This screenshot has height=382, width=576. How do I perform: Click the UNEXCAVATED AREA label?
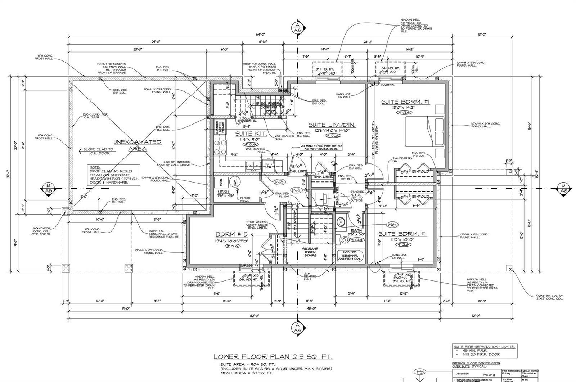coord(137,145)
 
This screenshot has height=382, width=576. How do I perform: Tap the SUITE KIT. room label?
coord(251,134)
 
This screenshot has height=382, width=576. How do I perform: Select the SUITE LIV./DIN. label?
coord(332,125)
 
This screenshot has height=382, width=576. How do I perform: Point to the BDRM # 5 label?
coord(230,234)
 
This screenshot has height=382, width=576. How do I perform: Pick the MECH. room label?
coord(224,192)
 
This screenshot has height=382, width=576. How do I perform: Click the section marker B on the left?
coord(48,189)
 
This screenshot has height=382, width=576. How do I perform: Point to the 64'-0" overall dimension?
coord(260,35)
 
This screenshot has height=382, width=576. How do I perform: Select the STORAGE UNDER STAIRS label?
coord(310,252)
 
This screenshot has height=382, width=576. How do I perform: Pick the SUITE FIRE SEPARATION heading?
coord(485,346)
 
